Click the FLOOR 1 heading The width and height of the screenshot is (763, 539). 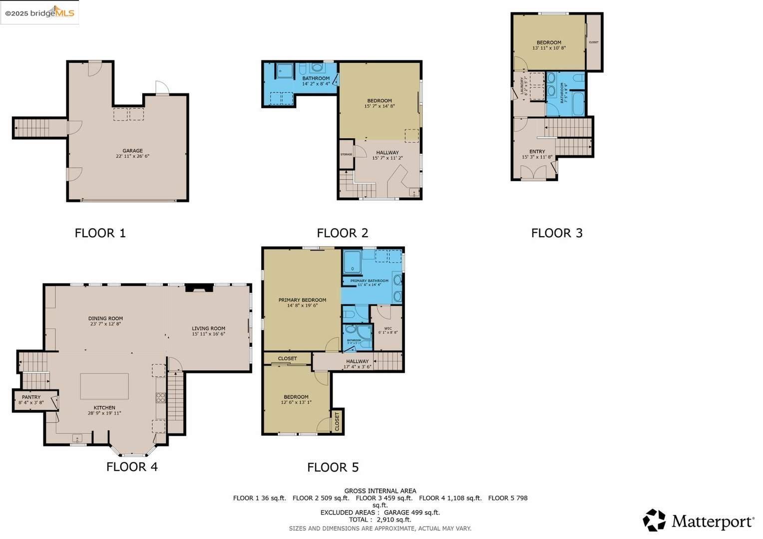pos(100,233)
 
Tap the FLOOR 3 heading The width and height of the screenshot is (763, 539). pos(557,233)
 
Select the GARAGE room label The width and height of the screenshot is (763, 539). pos(132,151)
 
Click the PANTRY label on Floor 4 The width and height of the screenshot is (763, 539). pos(31,397)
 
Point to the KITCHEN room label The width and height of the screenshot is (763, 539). pos(104,408)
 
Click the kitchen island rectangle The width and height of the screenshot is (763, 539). pos(104,386)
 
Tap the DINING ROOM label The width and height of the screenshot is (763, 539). pos(105,318)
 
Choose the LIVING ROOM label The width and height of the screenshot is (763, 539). pos(208,329)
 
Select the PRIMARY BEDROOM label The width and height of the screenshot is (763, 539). pos(302,300)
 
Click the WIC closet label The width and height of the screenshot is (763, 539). pos(388,328)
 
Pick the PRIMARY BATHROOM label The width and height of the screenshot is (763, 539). pos(369,281)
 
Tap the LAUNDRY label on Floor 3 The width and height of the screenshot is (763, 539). pos(522,86)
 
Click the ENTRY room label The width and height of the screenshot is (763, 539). pos(537,152)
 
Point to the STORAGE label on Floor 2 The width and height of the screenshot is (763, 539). pos(346,155)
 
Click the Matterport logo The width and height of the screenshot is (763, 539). pos(698,521)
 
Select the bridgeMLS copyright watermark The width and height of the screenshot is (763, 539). pos(39,13)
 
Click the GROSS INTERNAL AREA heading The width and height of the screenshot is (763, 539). pos(380,491)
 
